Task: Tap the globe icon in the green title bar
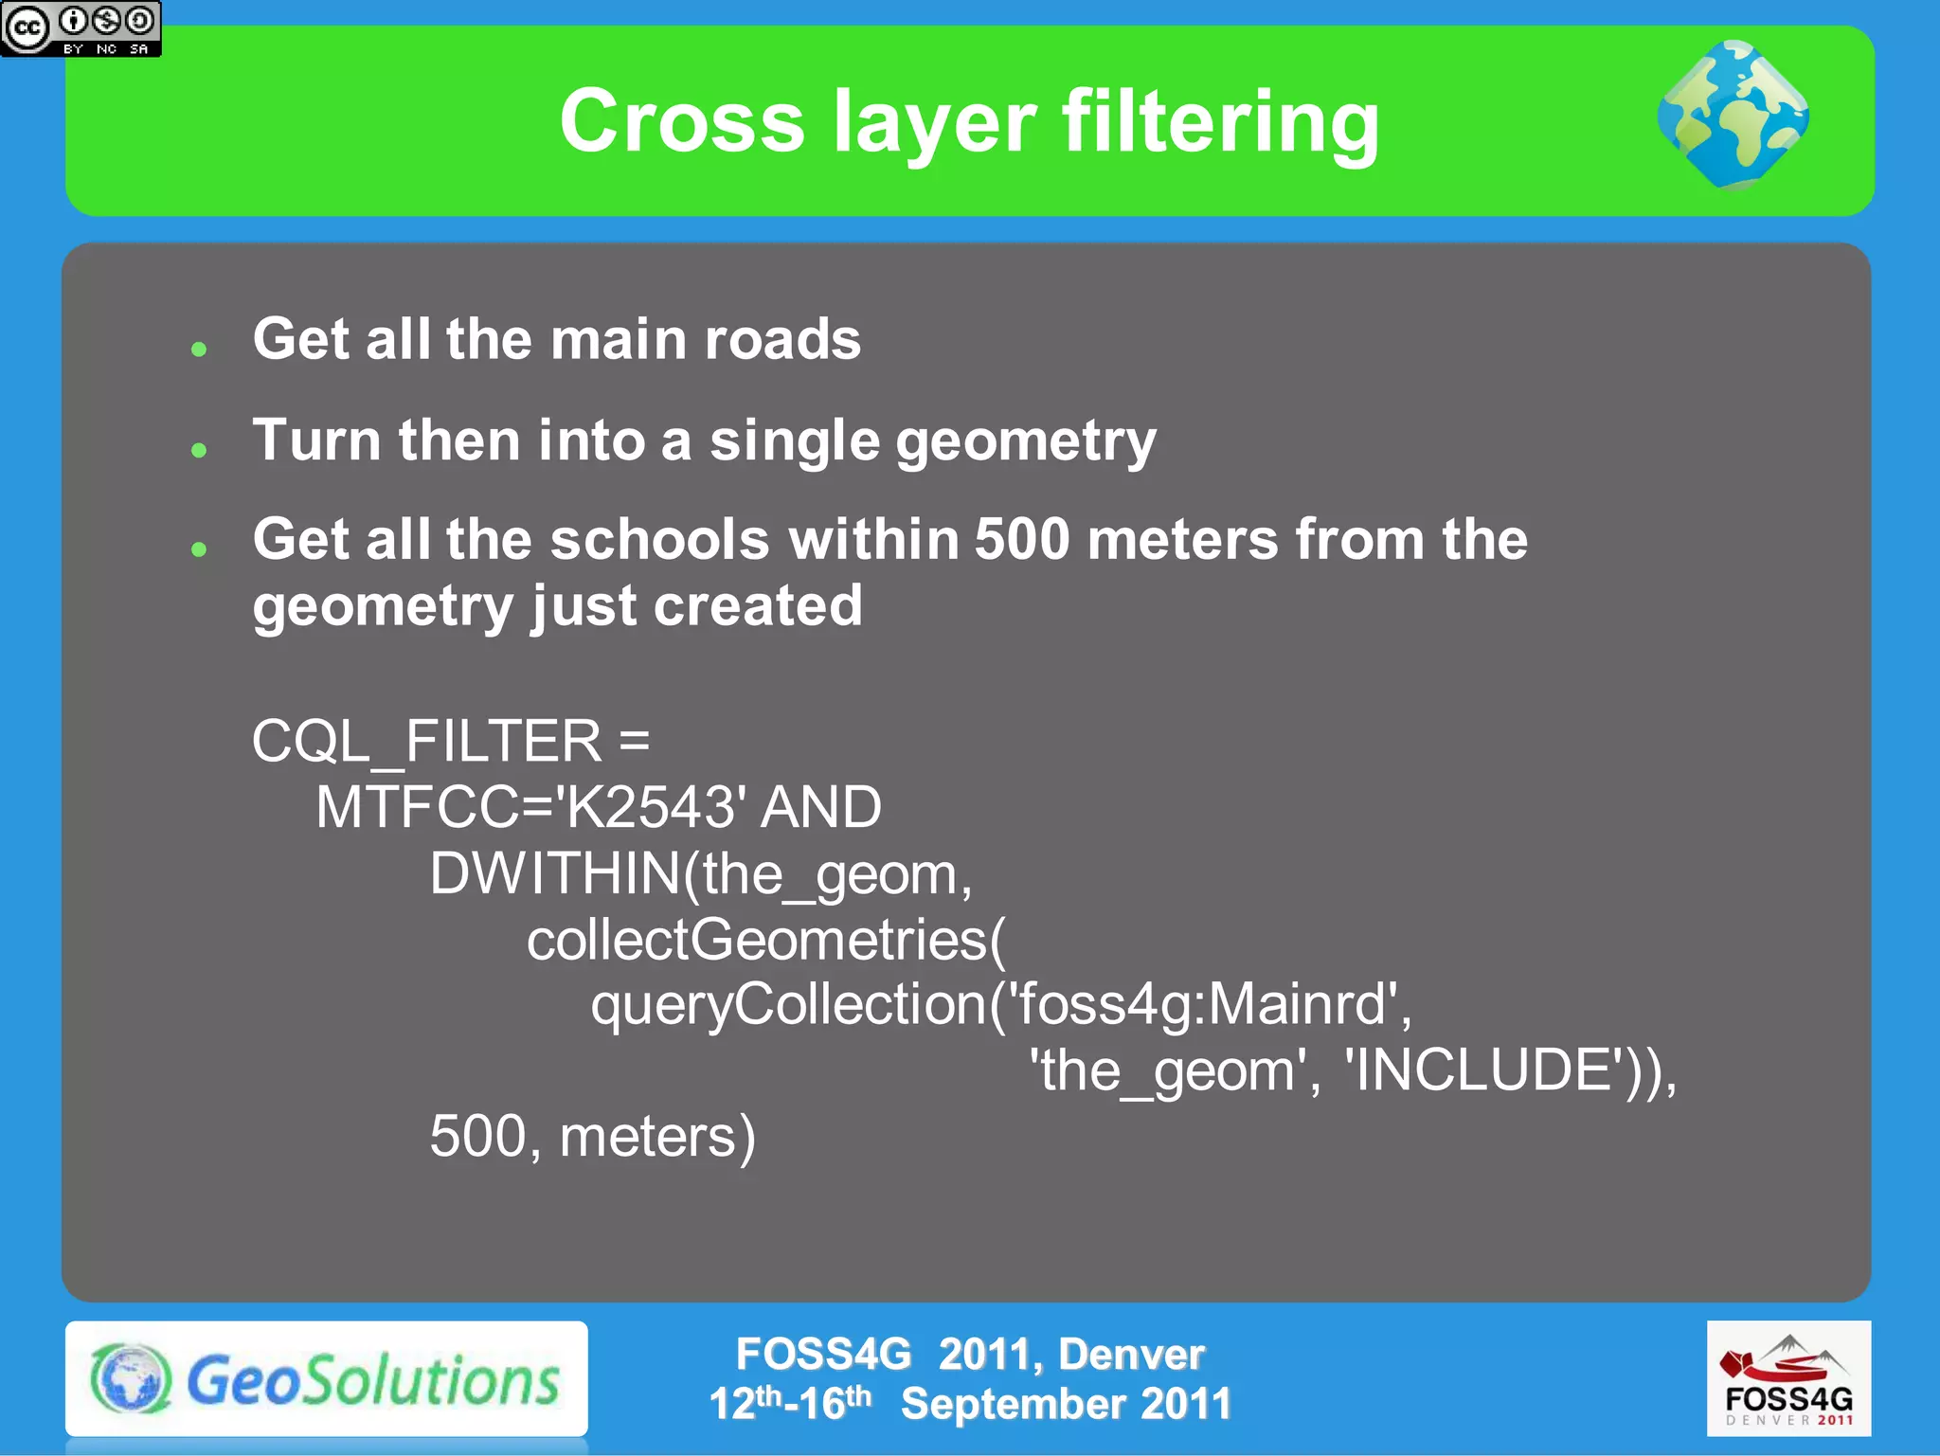pyautogui.click(x=1733, y=115)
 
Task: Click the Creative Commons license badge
pyautogui.click(x=81, y=28)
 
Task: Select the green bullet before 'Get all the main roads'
pyautogui.click(x=199, y=350)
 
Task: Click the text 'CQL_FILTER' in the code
pyautogui.click(x=426, y=741)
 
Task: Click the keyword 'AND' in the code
pyautogui.click(x=821, y=807)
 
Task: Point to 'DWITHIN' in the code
pyautogui.click(x=554, y=873)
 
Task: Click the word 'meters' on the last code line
pyautogui.click(x=648, y=1137)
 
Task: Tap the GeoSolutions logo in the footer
pyautogui.click(x=326, y=1379)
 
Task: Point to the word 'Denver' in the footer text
pyautogui.click(x=1131, y=1355)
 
